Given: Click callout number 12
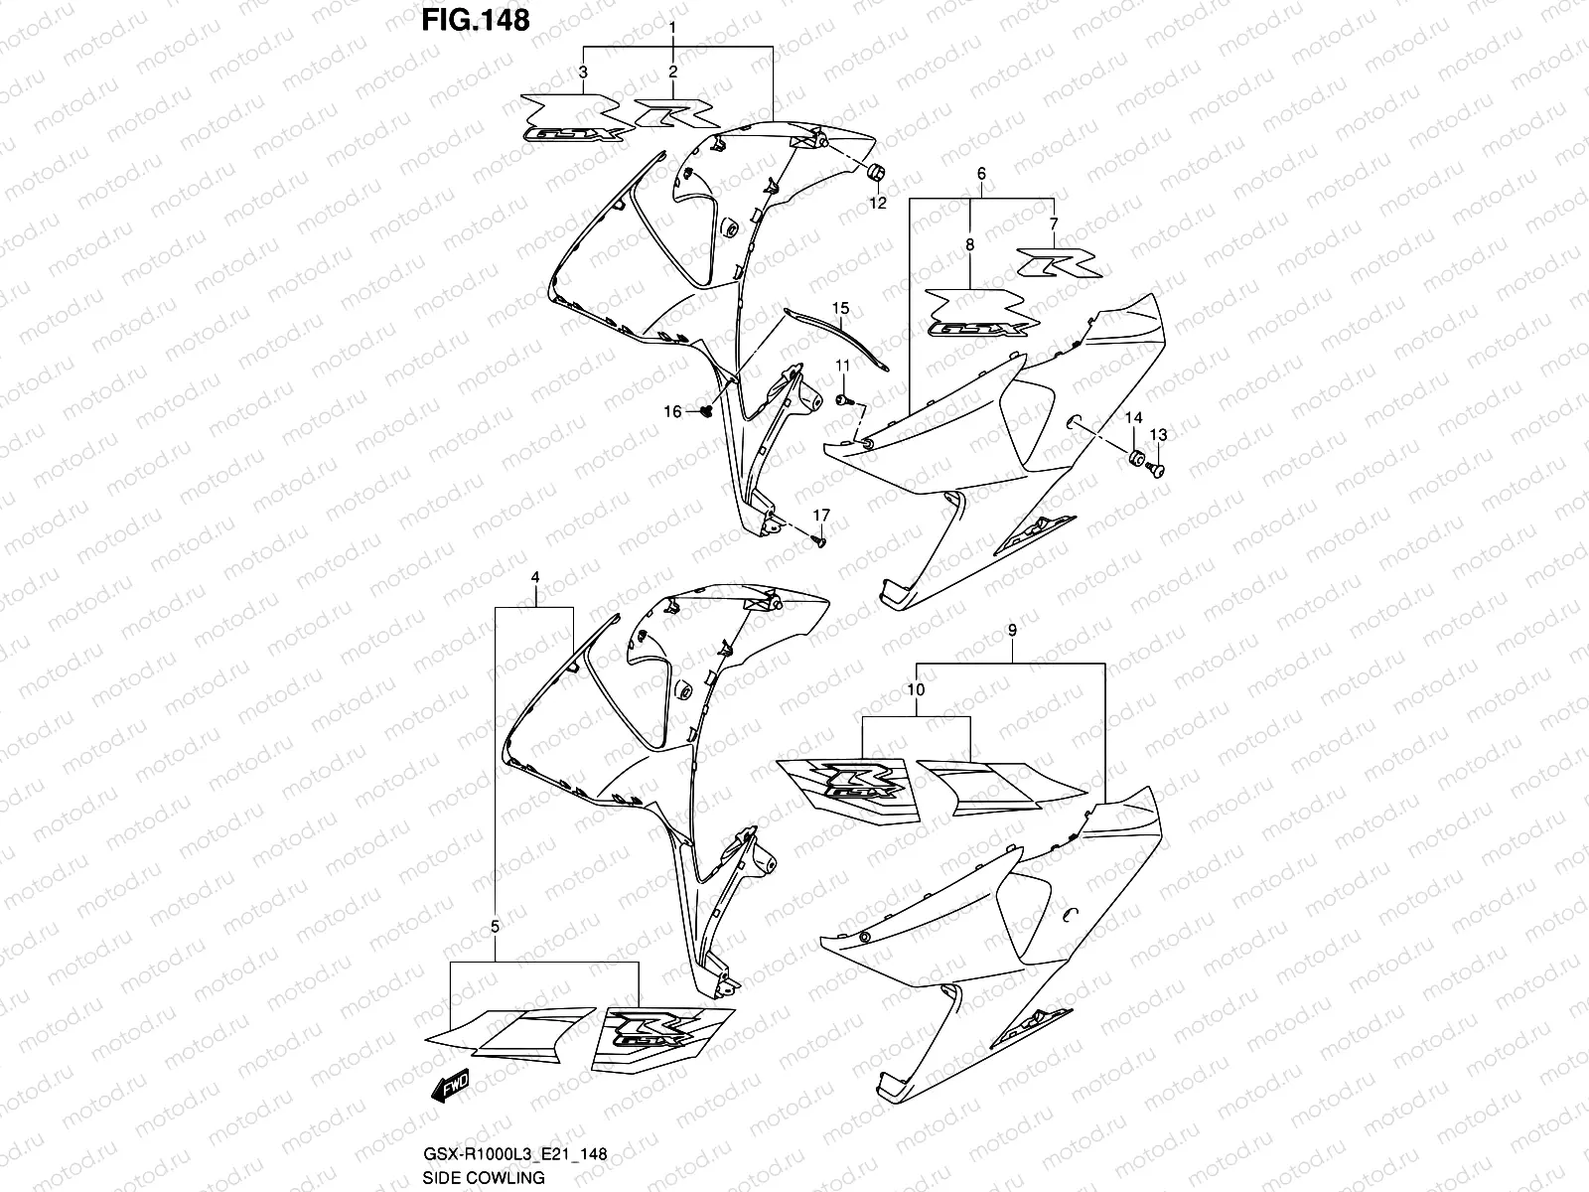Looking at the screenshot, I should [878, 203].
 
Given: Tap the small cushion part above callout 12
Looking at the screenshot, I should [878, 174].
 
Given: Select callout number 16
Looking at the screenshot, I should [672, 411].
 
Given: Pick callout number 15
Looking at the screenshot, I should [841, 307].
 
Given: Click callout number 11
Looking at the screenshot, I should [842, 367].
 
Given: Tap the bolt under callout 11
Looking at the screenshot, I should [843, 399].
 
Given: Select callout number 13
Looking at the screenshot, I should [1158, 435].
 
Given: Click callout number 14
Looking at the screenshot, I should [1133, 420].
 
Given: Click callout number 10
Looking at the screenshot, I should [915, 687].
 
